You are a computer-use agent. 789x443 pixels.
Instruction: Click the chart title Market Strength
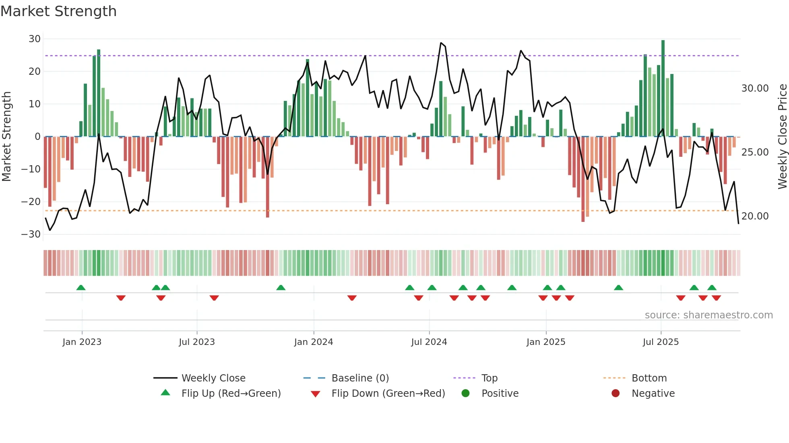[x=58, y=11]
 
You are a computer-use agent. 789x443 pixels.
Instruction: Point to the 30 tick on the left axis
[x=35, y=39]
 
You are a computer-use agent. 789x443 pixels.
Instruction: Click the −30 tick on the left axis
[x=31, y=234]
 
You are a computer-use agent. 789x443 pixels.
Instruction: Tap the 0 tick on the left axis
[x=37, y=137]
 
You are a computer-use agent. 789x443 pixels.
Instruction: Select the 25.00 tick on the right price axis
[x=755, y=152]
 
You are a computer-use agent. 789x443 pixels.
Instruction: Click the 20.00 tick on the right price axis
[x=755, y=216]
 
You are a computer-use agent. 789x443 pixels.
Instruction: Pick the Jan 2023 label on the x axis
[x=82, y=342]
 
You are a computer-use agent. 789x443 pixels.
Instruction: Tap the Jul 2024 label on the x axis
[x=429, y=342]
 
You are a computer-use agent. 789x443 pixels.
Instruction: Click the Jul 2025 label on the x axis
[x=661, y=342]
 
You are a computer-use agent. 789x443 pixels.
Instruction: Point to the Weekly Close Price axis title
[x=782, y=137]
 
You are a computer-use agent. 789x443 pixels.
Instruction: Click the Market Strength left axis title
[x=7, y=137]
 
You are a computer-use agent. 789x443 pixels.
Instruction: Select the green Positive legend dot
[x=466, y=394]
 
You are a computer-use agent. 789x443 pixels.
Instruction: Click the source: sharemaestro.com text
[x=708, y=315]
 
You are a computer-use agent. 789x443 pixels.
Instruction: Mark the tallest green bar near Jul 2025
[x=663, y=88]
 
